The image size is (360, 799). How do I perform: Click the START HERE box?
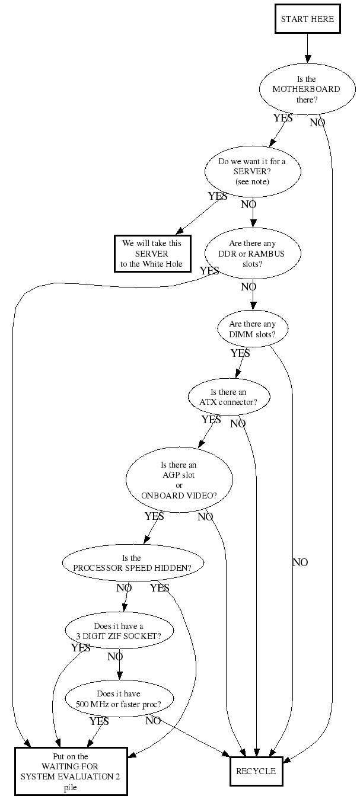tap(307, 18)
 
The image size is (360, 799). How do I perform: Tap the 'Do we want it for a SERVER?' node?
tap(252, 171)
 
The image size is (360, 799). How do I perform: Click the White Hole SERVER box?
tap(152, 254)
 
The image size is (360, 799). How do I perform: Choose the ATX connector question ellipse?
tap(228, 397)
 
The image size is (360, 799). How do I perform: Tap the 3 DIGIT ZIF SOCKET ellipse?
tap(119, 630)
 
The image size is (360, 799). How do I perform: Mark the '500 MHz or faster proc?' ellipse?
tap(119, 699)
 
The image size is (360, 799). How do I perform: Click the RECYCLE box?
tap(256, 771)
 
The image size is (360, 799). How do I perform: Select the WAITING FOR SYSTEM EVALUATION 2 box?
tap(71, 771)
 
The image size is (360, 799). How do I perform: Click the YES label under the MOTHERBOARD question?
tap(283, 118)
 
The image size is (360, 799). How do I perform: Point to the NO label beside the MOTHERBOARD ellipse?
tap(317, 123)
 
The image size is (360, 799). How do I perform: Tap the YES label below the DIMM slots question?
tap(240, 353)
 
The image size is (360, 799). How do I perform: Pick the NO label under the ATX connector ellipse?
tap(238, 424)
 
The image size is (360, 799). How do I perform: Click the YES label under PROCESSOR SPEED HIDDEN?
tap(160, 588)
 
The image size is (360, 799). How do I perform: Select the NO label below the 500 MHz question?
tap(153, 721)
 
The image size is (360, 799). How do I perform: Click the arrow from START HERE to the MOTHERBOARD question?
tap(307, 47)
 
